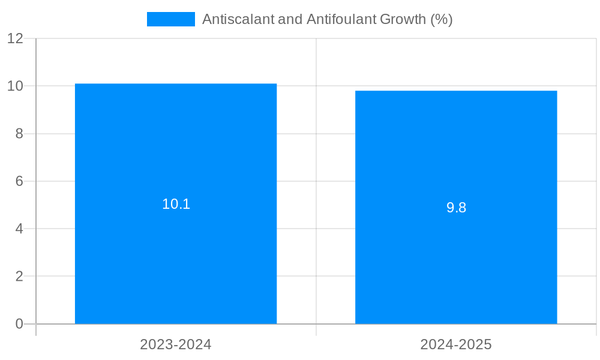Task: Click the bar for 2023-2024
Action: (176, 252)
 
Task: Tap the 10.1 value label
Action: (176, 204)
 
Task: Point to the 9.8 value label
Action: (456, 208)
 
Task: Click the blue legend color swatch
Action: (170, 19)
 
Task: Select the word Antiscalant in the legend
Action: (238, 19)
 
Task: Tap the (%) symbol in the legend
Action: (442, 19)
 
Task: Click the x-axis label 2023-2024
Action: (176, 344)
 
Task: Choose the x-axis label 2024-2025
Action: (456, 344)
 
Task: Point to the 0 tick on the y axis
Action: (19, 324)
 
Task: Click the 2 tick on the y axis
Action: (19, 277)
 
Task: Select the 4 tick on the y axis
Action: (19, 229)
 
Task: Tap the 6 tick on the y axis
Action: (19, 181)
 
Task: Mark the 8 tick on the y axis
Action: (19, 134)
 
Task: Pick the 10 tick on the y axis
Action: (16, 86)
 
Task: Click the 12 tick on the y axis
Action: (16, 38)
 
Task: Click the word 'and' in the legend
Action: (290, 19)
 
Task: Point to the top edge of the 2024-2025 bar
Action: (456, 91)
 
